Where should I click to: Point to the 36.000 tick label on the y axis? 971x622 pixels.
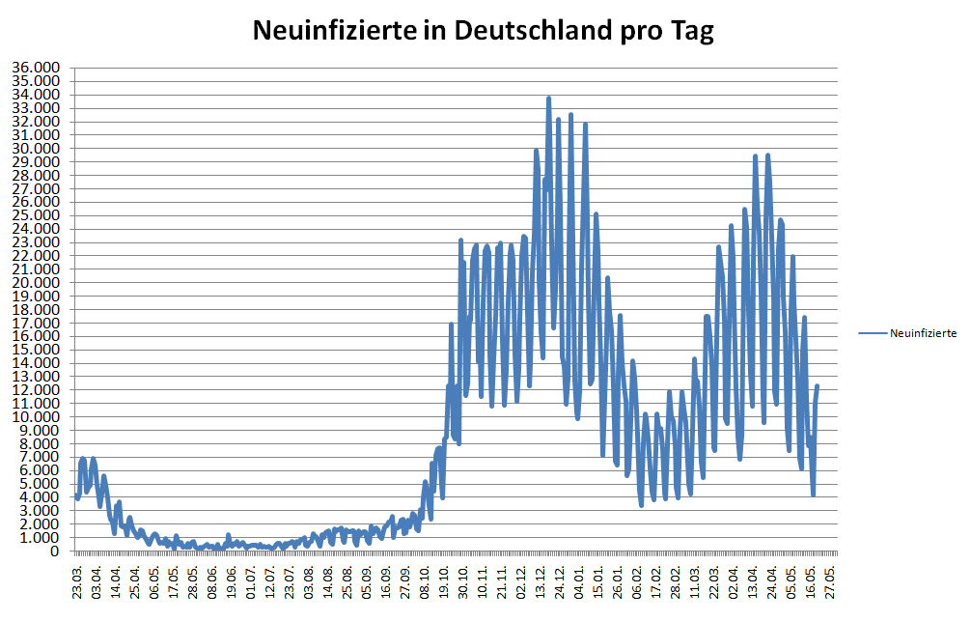tap(36, 68)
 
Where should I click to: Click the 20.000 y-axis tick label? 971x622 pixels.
tap(36, 282)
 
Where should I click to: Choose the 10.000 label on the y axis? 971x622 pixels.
tap(36, 416)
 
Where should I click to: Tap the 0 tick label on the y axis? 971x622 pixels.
tap(57, 551)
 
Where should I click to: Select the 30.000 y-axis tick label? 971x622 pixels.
tap(36, 148)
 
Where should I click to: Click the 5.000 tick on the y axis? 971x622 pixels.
tap(40, 484)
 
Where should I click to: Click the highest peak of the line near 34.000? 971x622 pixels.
tap(548, 98)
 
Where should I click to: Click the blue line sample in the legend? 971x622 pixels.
tap(872, 333)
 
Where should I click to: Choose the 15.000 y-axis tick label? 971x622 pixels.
tap(36, 350)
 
